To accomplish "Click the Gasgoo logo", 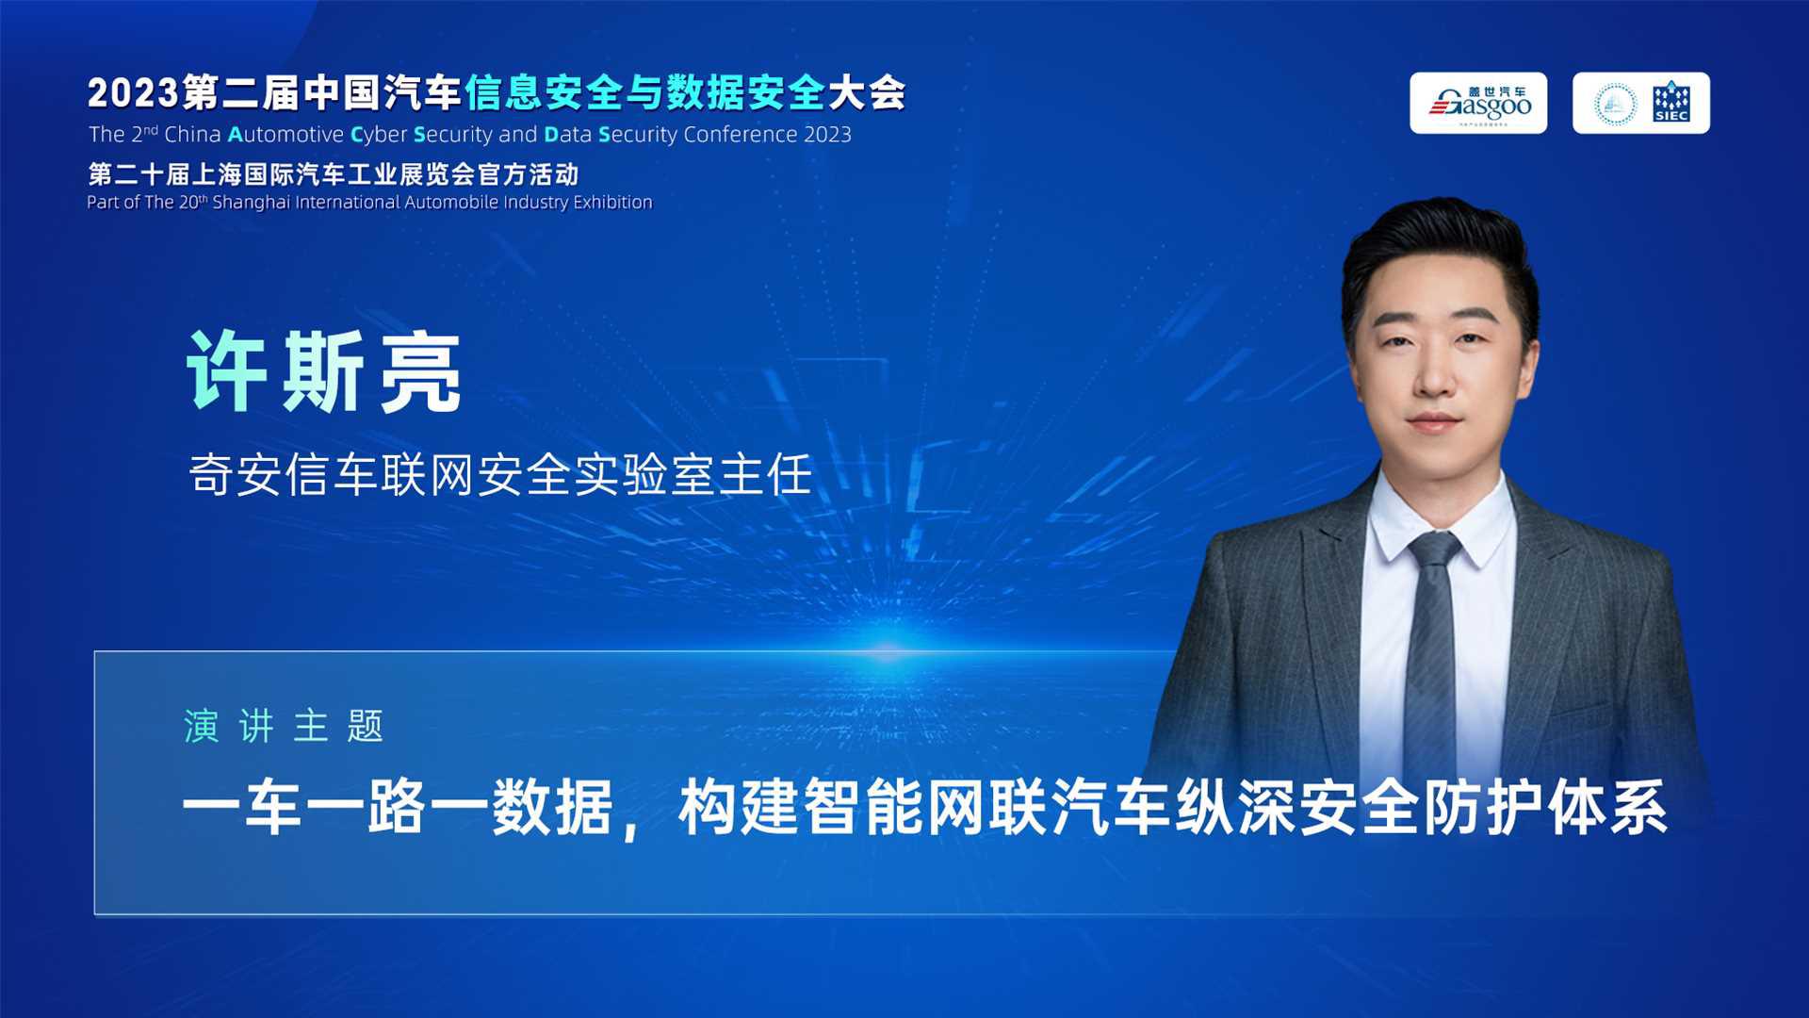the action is pos(1478,103).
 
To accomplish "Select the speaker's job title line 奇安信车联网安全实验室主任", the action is pos(500,474).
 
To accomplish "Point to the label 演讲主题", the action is pos(284,726).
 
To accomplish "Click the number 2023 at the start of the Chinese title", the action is pos(133,92).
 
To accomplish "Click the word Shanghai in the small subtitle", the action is pos(252,203).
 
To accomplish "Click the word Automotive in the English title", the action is pos(285,135).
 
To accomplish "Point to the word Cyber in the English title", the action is pos(379,136).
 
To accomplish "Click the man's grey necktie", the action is pos(1431,650).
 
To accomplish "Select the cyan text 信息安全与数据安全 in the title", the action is pos(645,92).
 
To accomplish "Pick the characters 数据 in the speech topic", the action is pos(553,808).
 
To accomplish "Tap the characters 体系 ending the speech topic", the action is pos(1607,807).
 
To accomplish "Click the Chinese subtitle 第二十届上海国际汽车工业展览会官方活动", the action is pos(334,174).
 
